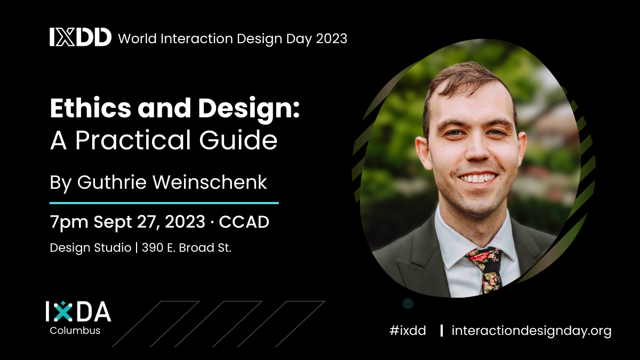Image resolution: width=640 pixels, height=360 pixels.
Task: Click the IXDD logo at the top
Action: point(81,37)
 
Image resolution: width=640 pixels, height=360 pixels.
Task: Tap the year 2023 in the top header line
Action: point(331,38)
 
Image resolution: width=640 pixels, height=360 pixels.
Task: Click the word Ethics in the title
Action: point(91,108)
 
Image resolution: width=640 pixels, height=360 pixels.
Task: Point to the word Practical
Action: point(133,140)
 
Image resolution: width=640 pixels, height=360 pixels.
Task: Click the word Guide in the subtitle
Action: point(238,140)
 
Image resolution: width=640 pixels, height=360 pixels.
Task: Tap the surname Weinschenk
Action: point(210,182)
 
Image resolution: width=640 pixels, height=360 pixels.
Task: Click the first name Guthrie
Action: point(111,182)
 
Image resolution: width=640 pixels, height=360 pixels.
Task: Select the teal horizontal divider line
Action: point(164,203)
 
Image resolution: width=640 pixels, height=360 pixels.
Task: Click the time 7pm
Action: point(69,222)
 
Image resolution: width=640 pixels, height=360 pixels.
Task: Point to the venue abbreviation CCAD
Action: point(244,222)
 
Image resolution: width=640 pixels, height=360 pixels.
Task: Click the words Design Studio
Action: point(91,248)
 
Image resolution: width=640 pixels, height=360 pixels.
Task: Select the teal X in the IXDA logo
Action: point(62,311)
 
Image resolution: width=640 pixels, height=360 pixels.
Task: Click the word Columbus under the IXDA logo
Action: point(75,331)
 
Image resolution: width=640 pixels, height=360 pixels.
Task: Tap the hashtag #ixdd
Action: point(407,331)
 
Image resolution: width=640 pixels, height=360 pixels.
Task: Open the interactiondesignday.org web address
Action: point(531,331)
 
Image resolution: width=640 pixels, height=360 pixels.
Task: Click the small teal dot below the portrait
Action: point(408,303)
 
